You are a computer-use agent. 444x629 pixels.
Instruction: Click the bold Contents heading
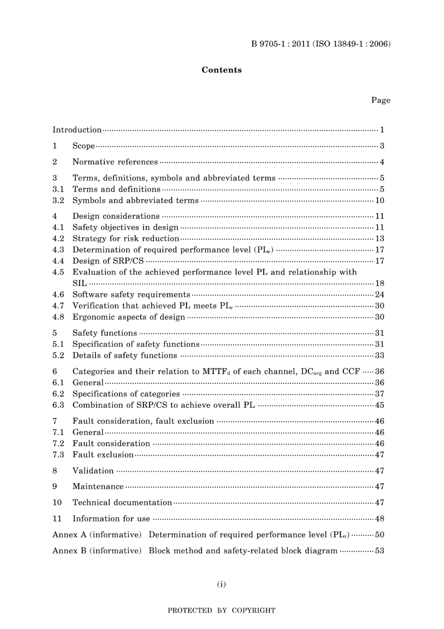[222, 70]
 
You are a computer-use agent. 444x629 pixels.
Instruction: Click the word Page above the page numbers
[380, 100]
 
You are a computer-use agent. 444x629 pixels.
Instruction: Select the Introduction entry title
[77, 130]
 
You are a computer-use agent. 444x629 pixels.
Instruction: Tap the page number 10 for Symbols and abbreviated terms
[380, 201]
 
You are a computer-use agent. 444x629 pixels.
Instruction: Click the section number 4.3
[58, 250]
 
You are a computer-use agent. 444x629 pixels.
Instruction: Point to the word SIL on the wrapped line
[79, 283]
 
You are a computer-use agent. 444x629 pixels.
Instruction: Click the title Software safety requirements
[131, 295]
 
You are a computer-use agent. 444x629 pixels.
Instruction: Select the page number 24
[380, 295]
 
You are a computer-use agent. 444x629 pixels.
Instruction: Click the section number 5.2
[58, 355]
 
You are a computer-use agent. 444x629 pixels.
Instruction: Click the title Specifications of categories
[126, 394]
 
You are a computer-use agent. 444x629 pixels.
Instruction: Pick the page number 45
[380, 405]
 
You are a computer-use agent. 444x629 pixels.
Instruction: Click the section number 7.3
[58, 455]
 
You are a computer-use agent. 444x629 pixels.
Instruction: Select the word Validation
[93, 471]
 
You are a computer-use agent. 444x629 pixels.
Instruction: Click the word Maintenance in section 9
[98, 487]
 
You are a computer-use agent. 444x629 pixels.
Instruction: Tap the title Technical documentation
[122, 503]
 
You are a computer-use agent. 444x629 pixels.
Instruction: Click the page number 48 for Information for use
[380, 519]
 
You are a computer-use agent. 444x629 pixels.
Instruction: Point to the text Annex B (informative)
[97, 551]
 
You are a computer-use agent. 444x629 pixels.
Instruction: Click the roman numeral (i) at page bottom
[222, 584]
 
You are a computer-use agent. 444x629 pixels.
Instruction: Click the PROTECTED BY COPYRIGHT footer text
[222, 610]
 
